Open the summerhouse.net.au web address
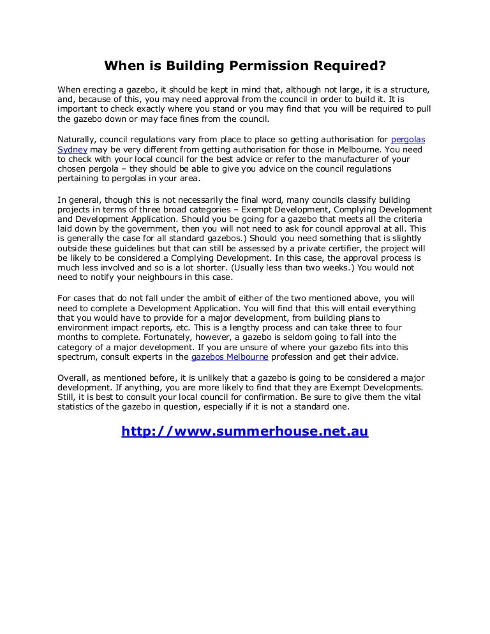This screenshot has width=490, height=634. pos(245,432)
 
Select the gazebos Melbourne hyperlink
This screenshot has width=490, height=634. pos(228,357)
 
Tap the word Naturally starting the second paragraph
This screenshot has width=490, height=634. pos(76,138)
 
